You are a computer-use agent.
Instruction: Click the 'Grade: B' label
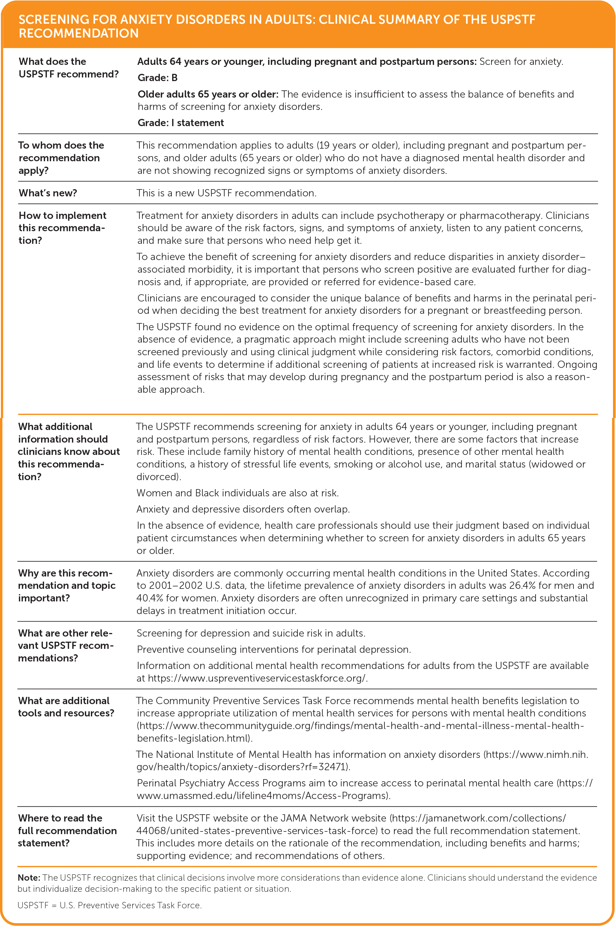[x=157, y=78]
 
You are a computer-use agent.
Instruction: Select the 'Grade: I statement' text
[x=181, y=123]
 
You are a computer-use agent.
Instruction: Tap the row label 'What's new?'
[x=48, y=193]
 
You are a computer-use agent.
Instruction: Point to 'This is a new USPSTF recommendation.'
[x=226, y=193]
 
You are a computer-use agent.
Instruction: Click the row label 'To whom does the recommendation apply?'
[x=61, y=158]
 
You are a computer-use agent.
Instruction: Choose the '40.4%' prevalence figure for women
[x=150, y=598]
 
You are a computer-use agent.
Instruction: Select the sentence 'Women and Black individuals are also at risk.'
[x=237, y=493]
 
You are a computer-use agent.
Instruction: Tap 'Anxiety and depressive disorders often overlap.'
[x=243, y=509]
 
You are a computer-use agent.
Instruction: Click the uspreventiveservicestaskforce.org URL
[x=257, y=678]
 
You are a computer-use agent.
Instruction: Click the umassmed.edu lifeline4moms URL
[x=263, y=795]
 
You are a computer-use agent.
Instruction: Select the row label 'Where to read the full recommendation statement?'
[x=67, y=831]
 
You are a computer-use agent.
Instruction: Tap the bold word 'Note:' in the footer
[x=29, y=878]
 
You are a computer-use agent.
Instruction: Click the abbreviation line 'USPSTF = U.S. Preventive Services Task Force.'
[x=109, y=905]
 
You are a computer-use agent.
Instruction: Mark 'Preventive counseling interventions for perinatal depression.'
[x=274, y=649]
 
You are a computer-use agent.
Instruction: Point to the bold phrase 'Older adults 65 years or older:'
[x=208, y=94]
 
